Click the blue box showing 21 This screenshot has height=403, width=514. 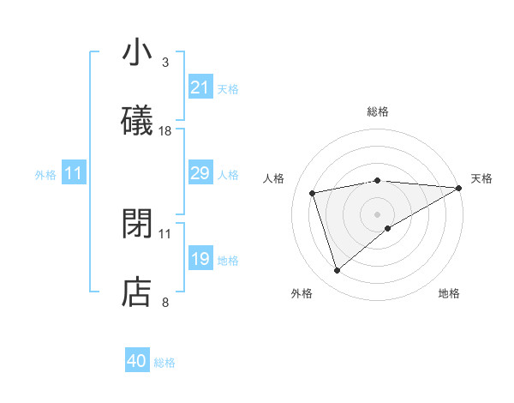[x=200, y=87]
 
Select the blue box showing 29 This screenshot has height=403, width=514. [x=200, y=173]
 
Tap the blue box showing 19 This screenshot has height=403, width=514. [x=200, y=259]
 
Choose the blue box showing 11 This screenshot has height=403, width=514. [x=73, y=173]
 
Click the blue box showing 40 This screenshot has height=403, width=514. [x=137, y=361]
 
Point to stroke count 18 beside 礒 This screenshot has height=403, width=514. [x=165, y=131]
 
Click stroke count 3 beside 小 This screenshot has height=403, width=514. [x=165, y=62]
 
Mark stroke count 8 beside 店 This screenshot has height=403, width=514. [x=165, y=302]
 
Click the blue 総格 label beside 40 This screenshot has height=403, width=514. [x=164, y=363]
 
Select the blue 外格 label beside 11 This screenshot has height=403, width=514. [x=45, y=175]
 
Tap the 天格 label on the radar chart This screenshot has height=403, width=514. [x=481, y=178]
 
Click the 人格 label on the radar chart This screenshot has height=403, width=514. [x=275, y=178]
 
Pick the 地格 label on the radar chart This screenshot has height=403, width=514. [x=449, y=293]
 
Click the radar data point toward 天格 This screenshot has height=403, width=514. [x=460, y=188]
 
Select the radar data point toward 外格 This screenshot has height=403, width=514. [x=337, y=271]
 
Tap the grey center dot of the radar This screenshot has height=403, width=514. [x=377, y=214]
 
